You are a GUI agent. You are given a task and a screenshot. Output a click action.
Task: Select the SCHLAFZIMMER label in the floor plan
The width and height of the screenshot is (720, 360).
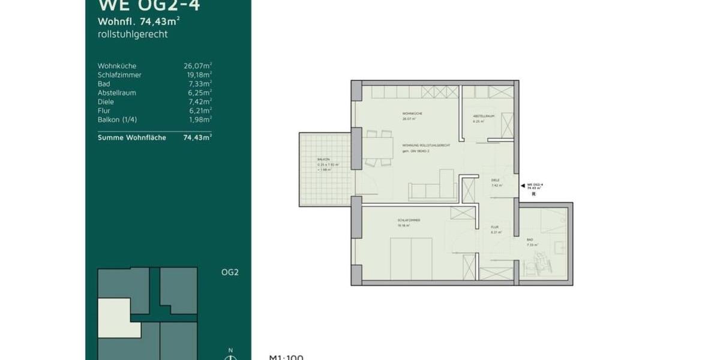[408, 220]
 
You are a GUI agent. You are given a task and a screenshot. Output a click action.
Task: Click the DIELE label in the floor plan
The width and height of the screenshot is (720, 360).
[496, 180]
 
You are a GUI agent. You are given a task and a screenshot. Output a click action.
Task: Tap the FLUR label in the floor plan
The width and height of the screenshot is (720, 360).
[495, 227]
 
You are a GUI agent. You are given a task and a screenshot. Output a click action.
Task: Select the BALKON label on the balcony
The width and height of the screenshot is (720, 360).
[323, 160]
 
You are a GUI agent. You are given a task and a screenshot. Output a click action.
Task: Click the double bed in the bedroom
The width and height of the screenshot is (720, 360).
[411, 258]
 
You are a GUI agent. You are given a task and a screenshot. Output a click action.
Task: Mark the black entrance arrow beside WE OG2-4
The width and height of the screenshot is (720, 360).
[521, 186]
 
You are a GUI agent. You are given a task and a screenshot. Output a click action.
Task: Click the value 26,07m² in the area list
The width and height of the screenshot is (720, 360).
[197, 66]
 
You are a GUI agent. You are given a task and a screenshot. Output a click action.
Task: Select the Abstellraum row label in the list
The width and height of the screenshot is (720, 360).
[116, 93]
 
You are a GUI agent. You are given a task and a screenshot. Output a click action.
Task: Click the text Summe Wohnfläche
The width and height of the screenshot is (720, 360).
[125, 137]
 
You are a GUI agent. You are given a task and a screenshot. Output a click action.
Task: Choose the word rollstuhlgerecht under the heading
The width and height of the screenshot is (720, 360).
[132, 34]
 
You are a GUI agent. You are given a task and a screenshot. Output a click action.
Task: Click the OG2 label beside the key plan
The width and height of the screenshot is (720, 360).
[230, 272]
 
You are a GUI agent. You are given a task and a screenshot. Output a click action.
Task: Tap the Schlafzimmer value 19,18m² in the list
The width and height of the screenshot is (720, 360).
[197, 75]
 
